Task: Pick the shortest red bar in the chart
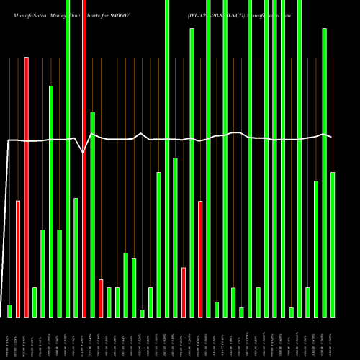(x=101, y=298)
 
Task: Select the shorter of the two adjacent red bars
(x=18, y=259)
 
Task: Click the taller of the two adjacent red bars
(x=27, y=187)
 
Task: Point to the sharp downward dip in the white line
(x=84, y=152)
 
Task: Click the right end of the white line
(x=331, y=136)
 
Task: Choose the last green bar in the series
(x=333, y=245)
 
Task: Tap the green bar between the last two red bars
(x=192, y=173)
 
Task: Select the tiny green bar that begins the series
(x=10, y=311)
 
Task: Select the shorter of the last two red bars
(x=184, y=292)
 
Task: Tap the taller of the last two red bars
(x=200, y=258)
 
